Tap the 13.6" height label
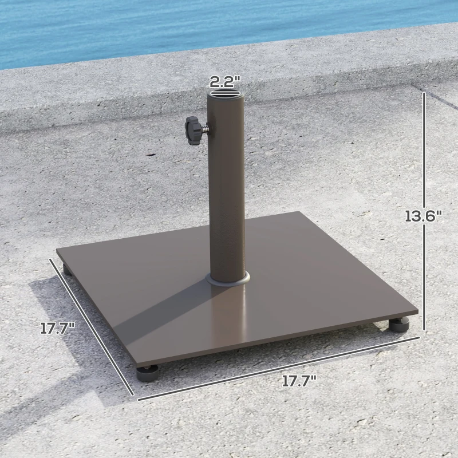[x=424, y=216]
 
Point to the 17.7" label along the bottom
[x=299, y=382]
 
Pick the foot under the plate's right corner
[x=398, y=326]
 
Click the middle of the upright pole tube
[x=228, y=189]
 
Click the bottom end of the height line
[x=424, y=329]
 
